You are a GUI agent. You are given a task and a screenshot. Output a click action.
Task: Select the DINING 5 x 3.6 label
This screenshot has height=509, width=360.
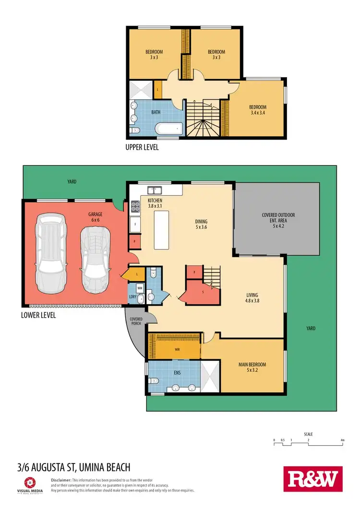(x=201, y=225)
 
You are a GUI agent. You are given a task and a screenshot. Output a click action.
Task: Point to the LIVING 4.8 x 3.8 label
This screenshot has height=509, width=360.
(x=252, y=298)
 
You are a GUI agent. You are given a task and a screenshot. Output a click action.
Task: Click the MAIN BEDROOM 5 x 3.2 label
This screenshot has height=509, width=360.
(x=252, y=367)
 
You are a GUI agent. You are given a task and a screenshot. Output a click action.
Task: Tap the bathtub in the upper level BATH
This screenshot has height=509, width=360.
(x=169, y=128)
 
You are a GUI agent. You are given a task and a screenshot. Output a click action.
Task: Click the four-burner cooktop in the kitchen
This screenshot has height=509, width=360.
(x=135, y=206)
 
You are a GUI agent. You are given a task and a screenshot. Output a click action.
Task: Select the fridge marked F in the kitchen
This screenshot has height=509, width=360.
(x=135, y=224)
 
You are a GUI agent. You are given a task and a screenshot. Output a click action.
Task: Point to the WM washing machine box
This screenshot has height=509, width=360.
(x=140, y=288)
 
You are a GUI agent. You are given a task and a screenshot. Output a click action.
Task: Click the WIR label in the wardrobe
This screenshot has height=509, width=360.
(x=177, y=349)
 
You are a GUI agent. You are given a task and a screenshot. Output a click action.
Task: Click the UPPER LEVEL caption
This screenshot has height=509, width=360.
(x=142, y=147)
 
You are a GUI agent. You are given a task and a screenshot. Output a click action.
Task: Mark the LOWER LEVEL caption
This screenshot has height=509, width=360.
(x=38, y=315)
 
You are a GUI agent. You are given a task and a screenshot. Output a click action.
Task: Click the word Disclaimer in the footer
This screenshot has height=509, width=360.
(x=61, y=480)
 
